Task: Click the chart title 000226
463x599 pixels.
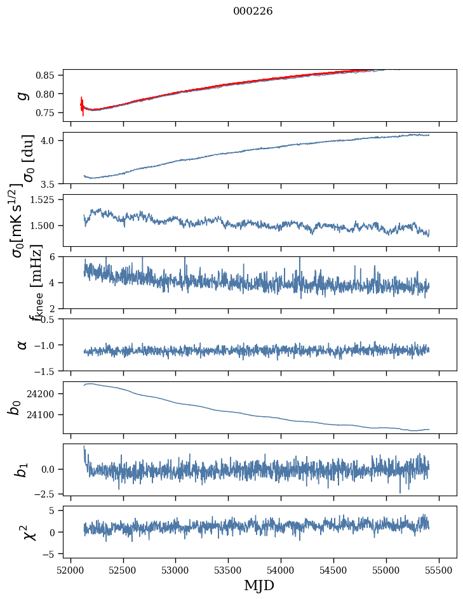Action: [253, 11]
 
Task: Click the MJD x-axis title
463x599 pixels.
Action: [259, 586]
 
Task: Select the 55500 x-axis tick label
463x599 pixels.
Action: [439, 570]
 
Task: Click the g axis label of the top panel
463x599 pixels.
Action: [22, 95]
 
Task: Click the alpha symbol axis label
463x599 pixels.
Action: [22, 345]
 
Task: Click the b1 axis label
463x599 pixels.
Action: [22, 470]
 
